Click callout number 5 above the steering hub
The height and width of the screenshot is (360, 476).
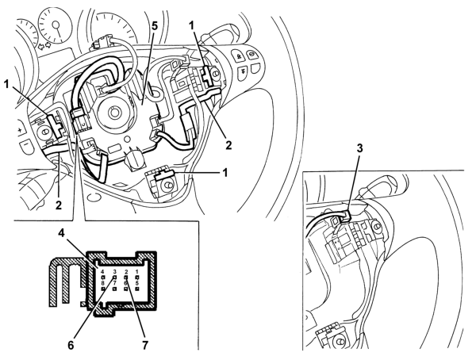pyautogui.click(x=155, y=26)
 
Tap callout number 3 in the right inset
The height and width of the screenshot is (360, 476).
pyautogui.click(x=359, y=148)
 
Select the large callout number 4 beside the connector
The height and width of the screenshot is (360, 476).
pyautogui.click(x=62, y=233)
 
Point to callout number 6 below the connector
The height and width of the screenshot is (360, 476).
pyautogui.click(x=71, y=345)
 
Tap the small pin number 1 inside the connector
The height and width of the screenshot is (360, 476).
pyautogui.click(x=137, y=271)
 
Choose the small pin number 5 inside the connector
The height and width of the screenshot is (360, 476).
pyautogui.click(x=137, y=283)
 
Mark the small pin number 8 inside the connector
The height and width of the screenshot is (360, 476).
pyautogui.click(x=103, y=283)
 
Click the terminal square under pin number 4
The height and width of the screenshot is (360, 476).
pyautogui.click(x=103, y=278)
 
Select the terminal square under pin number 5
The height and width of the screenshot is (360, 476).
pyautogui.click(x=137, y=289)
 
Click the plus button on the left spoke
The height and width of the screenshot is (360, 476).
pyautogui.click(x=20, y=131)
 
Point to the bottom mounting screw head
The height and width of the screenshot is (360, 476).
pyautogui.click(x=166, y=186)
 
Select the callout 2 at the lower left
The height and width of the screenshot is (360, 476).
pyautogui.click(x=58, y=205)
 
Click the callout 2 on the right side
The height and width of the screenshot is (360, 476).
pyautogui.click(x=228, y=145)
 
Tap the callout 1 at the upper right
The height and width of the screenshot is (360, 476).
pyautogui.click(x=191, y=26)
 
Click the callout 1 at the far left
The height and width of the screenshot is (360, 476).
pyautogui.click(x=6, y=84)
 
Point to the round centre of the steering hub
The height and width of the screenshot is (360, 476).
pyautogui.click(x=114, y=113)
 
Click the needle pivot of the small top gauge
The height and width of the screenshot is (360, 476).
pyautogui.click(x=56, y=25)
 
